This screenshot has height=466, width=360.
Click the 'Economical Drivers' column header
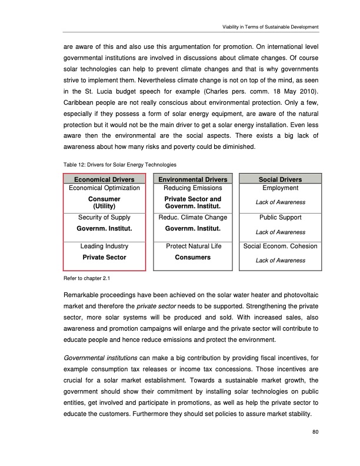[104, 179]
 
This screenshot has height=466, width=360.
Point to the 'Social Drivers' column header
[280, 179]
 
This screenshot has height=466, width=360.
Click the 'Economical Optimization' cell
[104, 188]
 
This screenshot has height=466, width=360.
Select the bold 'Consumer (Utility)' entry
[104, 203]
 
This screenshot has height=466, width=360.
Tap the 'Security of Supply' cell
[104, 218]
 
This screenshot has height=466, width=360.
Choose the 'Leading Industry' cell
[104, 246]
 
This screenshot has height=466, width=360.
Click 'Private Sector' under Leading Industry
[104, 257]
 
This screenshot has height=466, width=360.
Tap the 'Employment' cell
[280, 188]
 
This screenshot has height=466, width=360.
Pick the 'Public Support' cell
[280, 218]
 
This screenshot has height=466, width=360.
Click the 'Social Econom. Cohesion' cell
[280, 246]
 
